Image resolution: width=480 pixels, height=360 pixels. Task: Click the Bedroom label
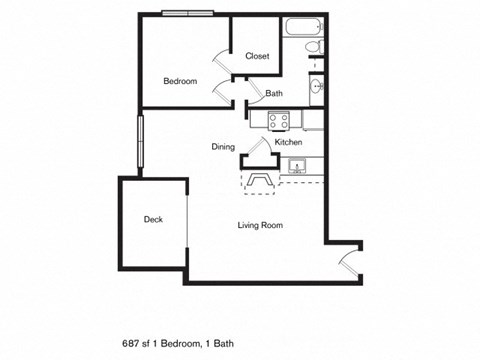point(180,81)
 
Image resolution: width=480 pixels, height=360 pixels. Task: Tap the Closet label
point(257,56)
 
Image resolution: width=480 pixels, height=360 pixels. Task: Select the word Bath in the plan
point(273,94)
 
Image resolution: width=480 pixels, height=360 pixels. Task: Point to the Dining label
point(222,147)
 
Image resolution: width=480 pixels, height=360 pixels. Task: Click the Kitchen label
point(275,142)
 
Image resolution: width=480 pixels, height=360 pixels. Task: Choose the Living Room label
point(260,225)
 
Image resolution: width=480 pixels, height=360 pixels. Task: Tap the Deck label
point(152,220)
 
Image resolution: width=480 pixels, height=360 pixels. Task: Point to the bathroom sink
point(317,88)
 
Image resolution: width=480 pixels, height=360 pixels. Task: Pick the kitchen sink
point(296,166)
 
